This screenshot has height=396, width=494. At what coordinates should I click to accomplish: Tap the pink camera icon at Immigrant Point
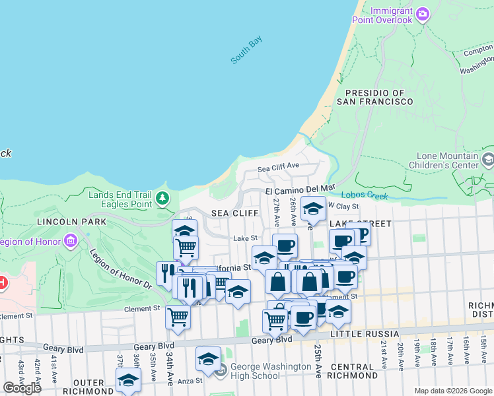[423, 13]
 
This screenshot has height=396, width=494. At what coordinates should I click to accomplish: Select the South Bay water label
[246, 50]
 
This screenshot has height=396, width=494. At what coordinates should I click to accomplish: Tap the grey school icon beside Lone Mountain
[488, 159]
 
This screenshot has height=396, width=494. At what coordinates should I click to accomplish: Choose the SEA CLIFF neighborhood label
[234, 213]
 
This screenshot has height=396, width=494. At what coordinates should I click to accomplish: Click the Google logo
[22, 387]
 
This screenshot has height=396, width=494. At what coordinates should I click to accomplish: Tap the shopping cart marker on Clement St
[178, 317]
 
